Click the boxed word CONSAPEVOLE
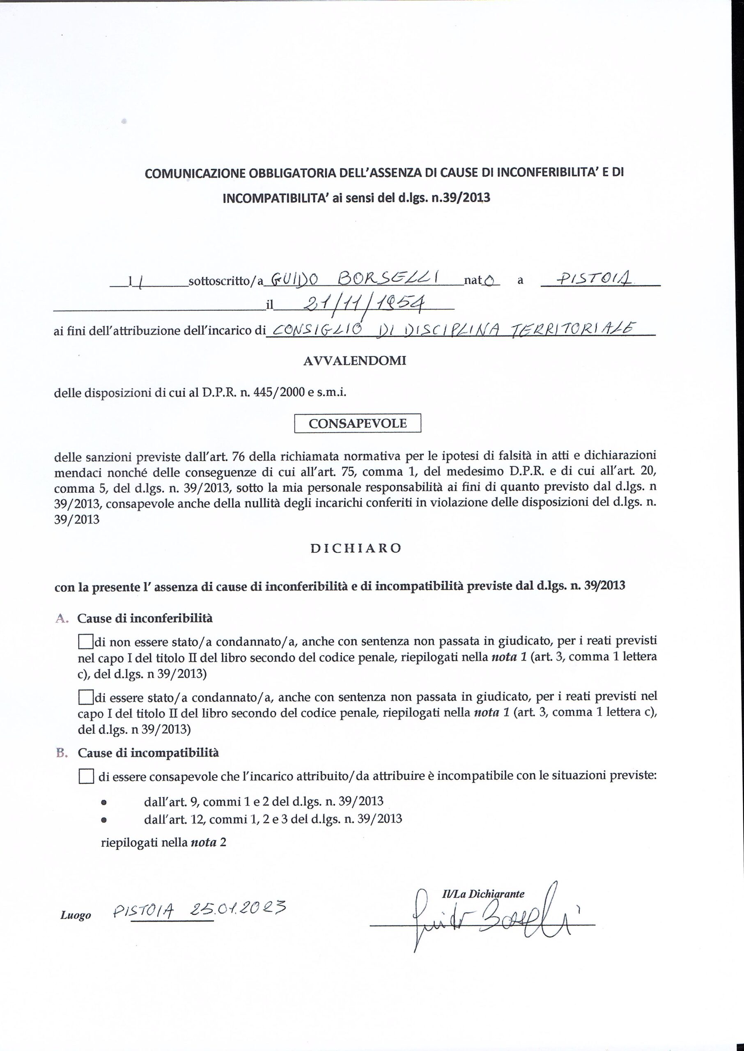(357, 423)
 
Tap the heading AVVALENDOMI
(355, 361)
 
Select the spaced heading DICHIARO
(356, 548)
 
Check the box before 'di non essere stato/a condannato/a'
(86, 642)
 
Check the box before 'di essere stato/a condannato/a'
(86, 698)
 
